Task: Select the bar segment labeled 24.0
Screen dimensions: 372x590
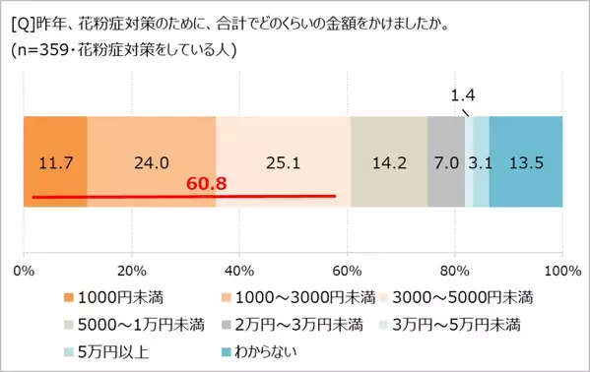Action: [151, 161]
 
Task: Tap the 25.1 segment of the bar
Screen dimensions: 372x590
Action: [283, 161]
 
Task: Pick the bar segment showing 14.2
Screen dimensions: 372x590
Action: [388, 161]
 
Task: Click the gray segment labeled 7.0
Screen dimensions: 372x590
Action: [446, 161]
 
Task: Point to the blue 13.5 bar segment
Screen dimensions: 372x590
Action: [525, 161]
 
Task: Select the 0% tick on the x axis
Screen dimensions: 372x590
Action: [25, 269]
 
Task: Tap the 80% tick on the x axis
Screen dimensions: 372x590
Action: [454, 269]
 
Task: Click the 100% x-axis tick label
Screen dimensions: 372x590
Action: [560, 269]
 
